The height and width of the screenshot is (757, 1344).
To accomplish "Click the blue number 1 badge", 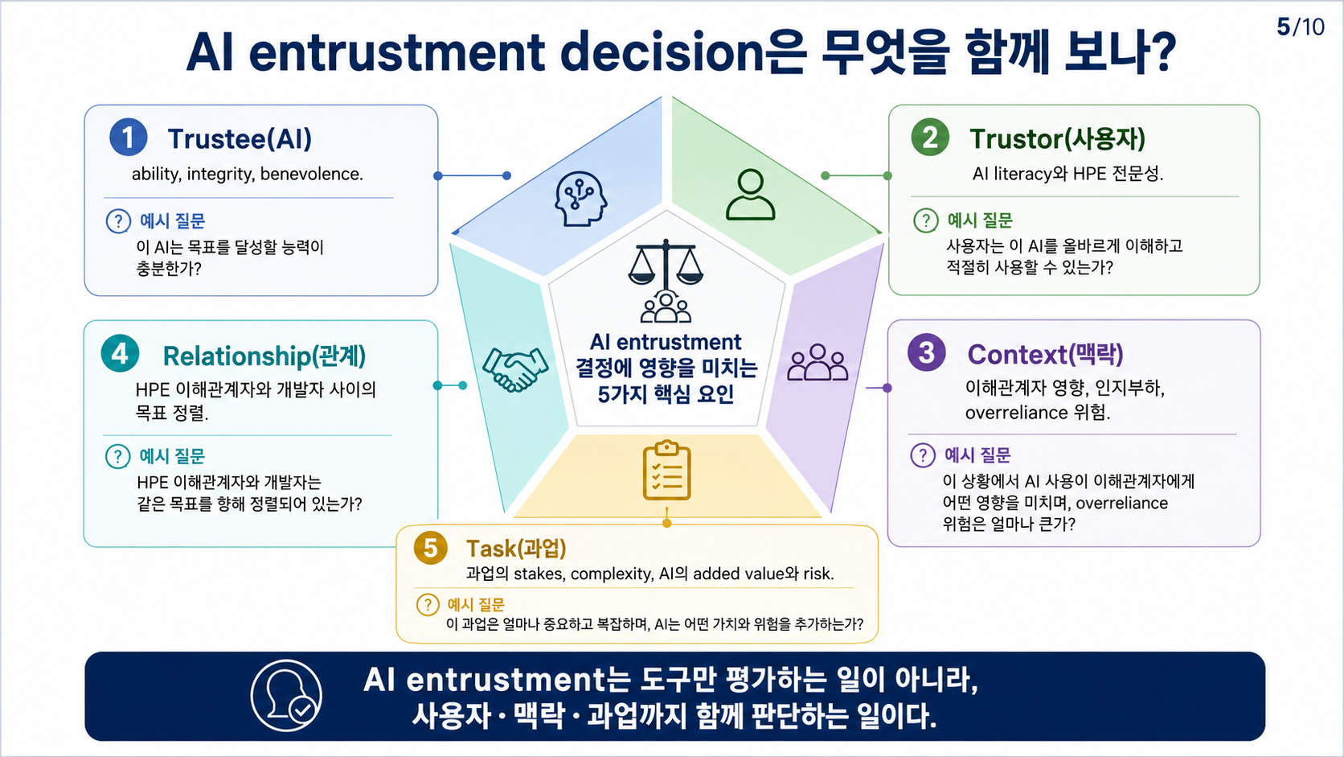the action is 129,138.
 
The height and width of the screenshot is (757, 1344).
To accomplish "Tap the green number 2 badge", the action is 930,138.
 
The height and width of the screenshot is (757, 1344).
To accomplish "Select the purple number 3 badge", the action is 926,352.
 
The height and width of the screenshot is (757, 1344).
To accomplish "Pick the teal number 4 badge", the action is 120,354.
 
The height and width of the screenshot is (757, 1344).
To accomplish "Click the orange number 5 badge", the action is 431,548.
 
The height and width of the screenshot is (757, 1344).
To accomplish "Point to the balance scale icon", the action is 666,262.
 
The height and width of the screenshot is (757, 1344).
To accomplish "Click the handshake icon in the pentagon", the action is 515,368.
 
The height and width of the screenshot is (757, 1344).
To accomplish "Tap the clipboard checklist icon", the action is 666,471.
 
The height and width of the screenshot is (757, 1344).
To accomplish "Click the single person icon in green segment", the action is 751,195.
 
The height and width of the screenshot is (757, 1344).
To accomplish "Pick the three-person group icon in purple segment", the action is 817,363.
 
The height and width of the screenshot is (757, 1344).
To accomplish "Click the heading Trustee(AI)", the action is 240,138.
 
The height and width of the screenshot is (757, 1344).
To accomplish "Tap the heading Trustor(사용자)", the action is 1057,138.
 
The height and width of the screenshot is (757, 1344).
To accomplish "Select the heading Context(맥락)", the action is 1045,354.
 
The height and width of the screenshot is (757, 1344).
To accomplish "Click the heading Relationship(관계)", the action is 264,356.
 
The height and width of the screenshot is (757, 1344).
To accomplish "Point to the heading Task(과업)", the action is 516,548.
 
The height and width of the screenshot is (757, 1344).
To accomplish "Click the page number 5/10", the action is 1301,27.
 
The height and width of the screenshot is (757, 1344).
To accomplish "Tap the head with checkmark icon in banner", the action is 286,695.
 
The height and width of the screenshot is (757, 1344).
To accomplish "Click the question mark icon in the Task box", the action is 427,604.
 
